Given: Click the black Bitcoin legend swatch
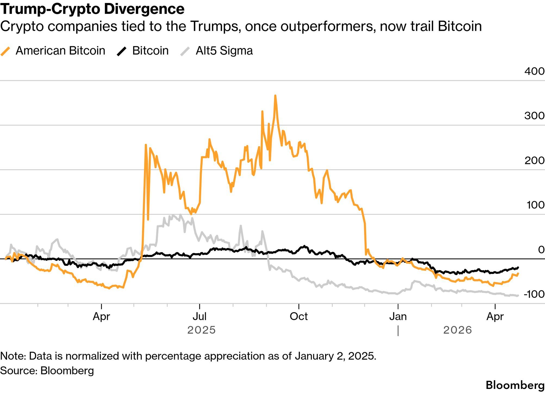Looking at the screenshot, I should pos(122,51).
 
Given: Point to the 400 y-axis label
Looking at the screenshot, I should pos(534,71).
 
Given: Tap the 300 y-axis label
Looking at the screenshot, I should pos(534,116).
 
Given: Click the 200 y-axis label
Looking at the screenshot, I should pos(534,160).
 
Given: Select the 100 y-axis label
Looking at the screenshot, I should pos(535,205).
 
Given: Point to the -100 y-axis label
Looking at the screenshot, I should pos(534,294).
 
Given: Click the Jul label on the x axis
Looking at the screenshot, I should pos(200,316).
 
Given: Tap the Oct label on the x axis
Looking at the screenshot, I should pos(299,316).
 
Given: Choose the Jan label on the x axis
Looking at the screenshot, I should pos(398,316).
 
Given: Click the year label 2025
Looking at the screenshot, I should pos(201,330).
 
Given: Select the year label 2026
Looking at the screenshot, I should pos(457,330).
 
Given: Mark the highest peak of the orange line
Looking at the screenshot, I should pos(275,96).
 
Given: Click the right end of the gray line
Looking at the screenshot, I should pos(518,295).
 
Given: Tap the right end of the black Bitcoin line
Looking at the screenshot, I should pos(518,267).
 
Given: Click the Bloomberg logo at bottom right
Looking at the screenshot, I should pos(515,385).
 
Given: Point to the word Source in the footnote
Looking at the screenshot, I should pos(18,371).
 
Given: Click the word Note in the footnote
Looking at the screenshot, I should pos(13,356).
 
